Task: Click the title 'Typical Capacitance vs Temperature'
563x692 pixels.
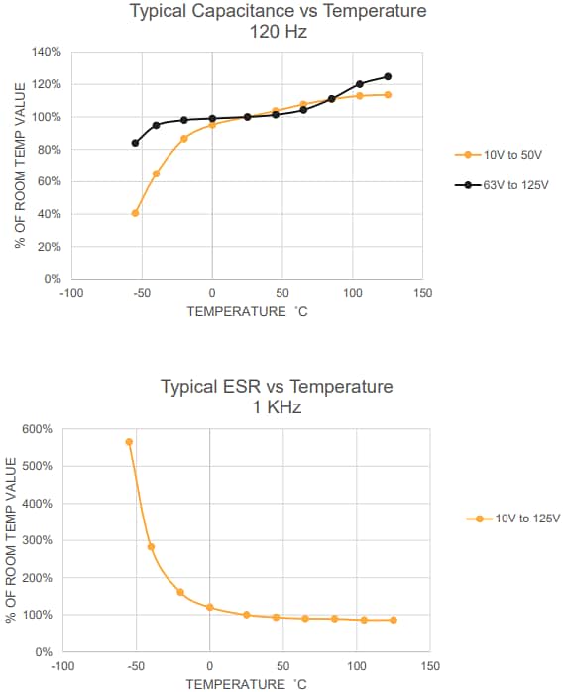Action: click(x=278, y=12)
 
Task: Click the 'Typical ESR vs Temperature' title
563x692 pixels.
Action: click(x=277, y=386)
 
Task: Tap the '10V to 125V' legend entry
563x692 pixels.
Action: click(x=526, y=519)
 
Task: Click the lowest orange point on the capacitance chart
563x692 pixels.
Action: click(x=135, y=213)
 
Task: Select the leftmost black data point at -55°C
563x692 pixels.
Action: click(x=135, y=143)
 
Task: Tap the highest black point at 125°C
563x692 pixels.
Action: click(x=388, y=76)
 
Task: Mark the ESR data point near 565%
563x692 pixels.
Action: click(x=129, y=442)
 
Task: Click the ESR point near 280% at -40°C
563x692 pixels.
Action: click(x=151, y=546)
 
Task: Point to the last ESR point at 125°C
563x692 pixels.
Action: click(x=394, y=620)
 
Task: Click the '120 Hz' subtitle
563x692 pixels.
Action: click(x=278, y=31)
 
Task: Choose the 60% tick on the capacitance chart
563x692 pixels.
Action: click(x=51, y=181)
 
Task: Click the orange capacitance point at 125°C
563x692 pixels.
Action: click(x=388, y=95)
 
